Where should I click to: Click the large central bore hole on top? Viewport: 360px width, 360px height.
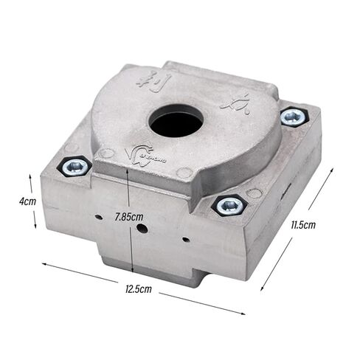point(176,123)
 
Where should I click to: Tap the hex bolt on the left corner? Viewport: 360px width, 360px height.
point(75,166)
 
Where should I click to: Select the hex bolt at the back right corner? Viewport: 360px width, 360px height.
point(293,117)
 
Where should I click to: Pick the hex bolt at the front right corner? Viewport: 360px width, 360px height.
point(229,204)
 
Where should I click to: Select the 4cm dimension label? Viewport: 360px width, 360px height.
point(28,201)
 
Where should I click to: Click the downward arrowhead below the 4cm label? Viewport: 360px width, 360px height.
point(30,226)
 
